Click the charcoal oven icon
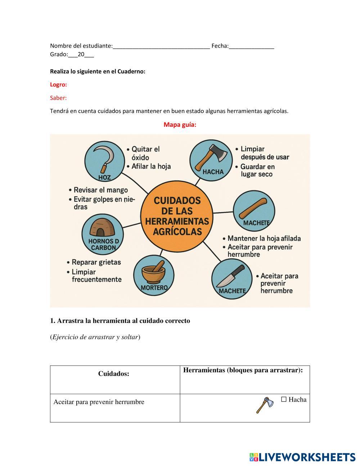[x=102, y=228]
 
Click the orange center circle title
[x=177, y=216]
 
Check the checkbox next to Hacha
[x=284, y=399]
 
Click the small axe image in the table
[x=265, y=405]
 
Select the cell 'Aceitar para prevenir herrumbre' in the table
[x=99, y=402]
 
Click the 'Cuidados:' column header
[x=114, y=374]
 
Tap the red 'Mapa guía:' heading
[x=180, y=125]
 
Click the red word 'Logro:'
[x=58, y=85]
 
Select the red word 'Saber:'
[x=58, y=98]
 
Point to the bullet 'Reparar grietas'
[x=96, y=262]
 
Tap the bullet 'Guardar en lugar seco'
[x=257, y=170]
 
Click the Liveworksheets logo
[x=302, y=457]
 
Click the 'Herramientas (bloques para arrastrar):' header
[x=243, y=370]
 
